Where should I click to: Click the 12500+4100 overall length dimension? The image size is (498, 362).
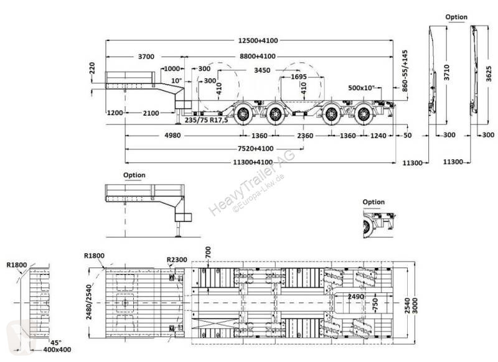pos(258,40)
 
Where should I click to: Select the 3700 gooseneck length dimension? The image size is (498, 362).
pos(146,57)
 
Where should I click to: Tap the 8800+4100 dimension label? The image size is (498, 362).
pos(258,57)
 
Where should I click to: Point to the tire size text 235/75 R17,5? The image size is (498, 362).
pos(207,120)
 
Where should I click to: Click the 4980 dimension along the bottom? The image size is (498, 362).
pos(172,136)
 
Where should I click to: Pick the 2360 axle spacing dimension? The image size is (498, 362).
pos(305,136)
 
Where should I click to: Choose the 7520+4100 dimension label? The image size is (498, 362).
pos(255,149)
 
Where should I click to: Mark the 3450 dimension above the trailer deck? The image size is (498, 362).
pos(262,70)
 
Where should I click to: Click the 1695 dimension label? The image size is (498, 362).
pos(299,77)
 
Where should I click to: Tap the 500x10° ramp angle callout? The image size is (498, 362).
pos(362,88)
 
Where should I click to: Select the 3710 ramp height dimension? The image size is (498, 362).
pos(447,72)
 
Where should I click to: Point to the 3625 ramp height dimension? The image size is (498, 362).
pos(489,73)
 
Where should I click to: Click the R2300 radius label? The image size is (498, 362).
pos(177,260)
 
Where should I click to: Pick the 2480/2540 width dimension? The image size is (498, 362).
pos(89,302)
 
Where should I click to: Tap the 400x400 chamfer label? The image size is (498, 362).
pos(57,350)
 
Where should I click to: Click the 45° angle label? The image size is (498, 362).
pos(56,343)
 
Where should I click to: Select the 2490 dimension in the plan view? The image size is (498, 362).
pos(355,297)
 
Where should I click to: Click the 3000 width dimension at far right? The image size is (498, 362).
pos(415,305)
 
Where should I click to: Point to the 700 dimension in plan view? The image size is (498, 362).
pos(208,253)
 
